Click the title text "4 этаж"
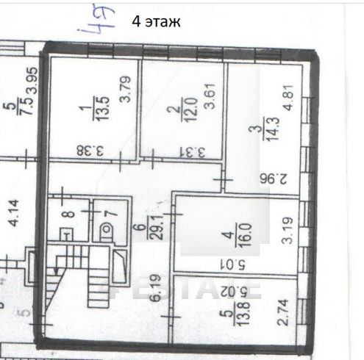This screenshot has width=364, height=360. click(155, 21)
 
